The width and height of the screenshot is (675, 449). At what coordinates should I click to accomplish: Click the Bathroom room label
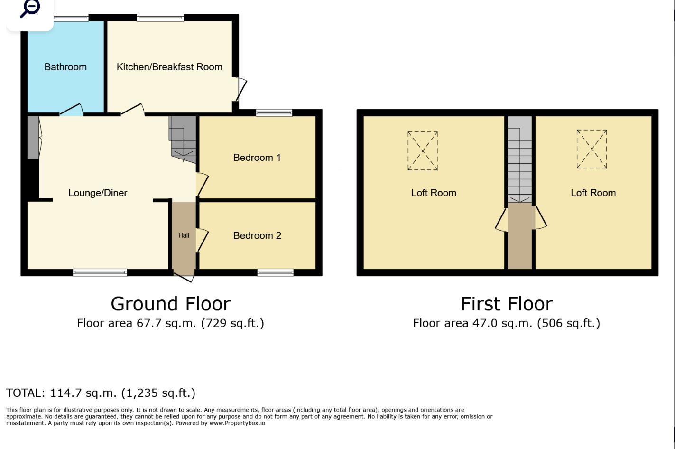(65, 67)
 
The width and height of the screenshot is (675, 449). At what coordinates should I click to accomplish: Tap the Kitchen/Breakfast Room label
(169, 67)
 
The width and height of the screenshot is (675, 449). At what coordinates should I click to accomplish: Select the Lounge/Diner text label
(98, 193)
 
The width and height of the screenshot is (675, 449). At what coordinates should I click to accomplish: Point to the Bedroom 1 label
(257, 158)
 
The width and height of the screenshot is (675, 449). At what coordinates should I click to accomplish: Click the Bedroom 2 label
(257, 235)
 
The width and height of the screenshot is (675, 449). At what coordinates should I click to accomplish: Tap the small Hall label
(184, 235)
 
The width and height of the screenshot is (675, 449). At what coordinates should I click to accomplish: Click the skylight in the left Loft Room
(423, 151)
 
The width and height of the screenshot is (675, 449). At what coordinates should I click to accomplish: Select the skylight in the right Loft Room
(592, 149)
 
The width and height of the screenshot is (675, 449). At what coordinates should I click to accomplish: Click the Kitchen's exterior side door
(241, 89)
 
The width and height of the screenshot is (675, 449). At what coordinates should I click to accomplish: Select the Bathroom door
(72, 110)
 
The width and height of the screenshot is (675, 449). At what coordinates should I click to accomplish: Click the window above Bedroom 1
(274, 113)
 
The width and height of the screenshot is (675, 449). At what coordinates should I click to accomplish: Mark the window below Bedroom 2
(276, 272)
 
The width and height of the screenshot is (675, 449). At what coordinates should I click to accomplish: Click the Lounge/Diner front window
(100, 272)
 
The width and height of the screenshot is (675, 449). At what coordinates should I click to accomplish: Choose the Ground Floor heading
(171, 304)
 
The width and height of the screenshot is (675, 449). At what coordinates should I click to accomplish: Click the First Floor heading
(507, 304)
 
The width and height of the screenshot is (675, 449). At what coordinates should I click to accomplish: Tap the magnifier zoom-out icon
(30, 8)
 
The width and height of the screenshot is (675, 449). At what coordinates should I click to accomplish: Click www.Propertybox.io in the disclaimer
(237, 423)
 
